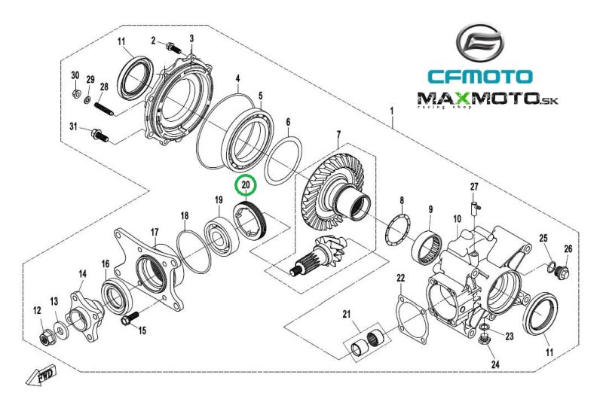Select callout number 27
coord(474,187)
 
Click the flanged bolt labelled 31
coord(98,137)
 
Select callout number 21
coord(347,314)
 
